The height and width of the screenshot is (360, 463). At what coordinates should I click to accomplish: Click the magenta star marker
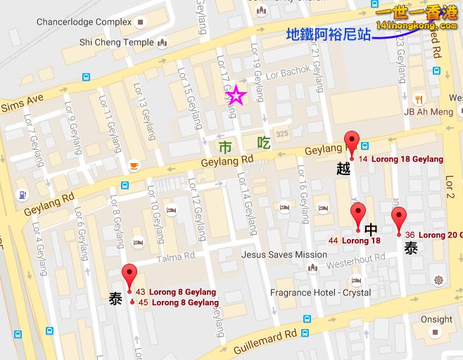pyautogui.click(x=236, y=96)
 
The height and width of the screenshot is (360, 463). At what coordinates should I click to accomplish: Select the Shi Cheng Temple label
pyautogui.click(x=116, y=43)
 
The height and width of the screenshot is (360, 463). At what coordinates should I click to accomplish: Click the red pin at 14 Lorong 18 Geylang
pyautogui.click(x=351, y=142)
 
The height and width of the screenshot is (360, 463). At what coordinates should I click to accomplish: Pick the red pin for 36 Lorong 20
pyautogui.click(x=399, y=219)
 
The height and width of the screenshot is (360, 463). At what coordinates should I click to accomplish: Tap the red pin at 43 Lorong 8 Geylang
pyautogui.click(x=129, y=275)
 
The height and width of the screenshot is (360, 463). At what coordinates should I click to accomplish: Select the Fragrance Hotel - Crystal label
pyautogui.click(x=321, y=292)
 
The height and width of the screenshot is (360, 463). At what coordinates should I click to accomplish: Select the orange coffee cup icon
pyautogui.click(x=134, y=166)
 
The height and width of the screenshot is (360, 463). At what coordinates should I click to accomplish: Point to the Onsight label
pyautogui.click(x=436, y=319)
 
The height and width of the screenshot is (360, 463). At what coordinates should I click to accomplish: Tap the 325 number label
pyautogui.click(x=283, y=134)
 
